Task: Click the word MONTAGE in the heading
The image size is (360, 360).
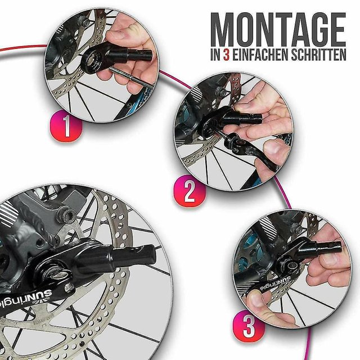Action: [x=278, y=29]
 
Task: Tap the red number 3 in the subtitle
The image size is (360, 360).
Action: [x=226, y=55]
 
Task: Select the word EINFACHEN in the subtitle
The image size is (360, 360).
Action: [x=260, y=55]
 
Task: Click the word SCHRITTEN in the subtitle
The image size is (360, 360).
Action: [x=319, y=55]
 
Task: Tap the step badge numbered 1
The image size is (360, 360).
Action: [x=66, y=125]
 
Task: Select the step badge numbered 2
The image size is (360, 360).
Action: [x=190, y=191]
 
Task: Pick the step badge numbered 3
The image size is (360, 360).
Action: [x=249, y=326]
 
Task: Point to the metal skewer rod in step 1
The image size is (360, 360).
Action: [x=131, y=76]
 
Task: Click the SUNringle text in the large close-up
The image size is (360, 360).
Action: [x=24, y=298]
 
